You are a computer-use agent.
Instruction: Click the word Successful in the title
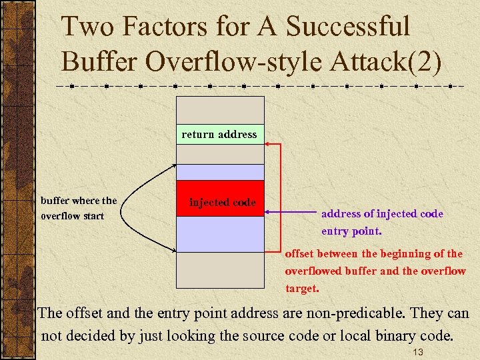pyautogui.click(x=348, y=27)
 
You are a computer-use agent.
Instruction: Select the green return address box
pyautogui.click(x=219, y=135)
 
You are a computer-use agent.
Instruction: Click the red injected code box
pyautogui.click(x=220, y=199)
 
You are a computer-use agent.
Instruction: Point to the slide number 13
pyautogui.click(x=419, y=352)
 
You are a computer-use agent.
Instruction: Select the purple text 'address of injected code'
pyautogui.click(x=382, y=214)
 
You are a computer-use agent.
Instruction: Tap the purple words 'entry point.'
pyautogui.click(x=351, y=231)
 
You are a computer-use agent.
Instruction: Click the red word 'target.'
pyautogui.click(x=302, y=289)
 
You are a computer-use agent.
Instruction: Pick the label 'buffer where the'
pyautogui.click(x=79, y=201)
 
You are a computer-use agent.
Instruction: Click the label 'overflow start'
pyautogui.click(x=73, y=216)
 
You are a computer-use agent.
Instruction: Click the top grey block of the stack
pyautogui.click(x=220, y=110)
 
